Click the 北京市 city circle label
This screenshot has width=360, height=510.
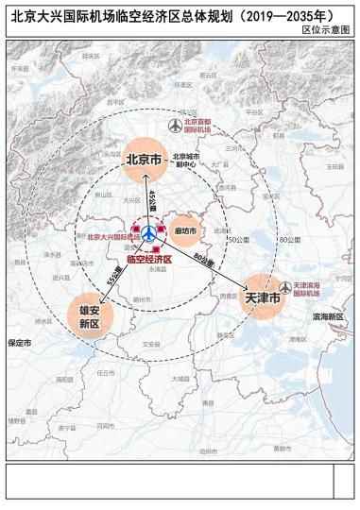click(x=145, y=159)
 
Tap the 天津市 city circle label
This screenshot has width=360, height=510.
click(x=262, y=298)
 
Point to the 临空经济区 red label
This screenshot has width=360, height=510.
click(x=149, y=258)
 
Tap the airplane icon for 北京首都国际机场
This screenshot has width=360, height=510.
click(x=173, y=126)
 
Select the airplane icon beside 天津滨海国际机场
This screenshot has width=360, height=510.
click(x=285, y=288)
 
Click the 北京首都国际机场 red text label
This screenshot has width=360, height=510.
click(x=200, y=126)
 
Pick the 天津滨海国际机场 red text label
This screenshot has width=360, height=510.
click(x=312, y=289)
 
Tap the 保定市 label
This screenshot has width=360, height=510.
click(x=19, y=343)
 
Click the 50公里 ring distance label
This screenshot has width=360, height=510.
click(x=241, y=240)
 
